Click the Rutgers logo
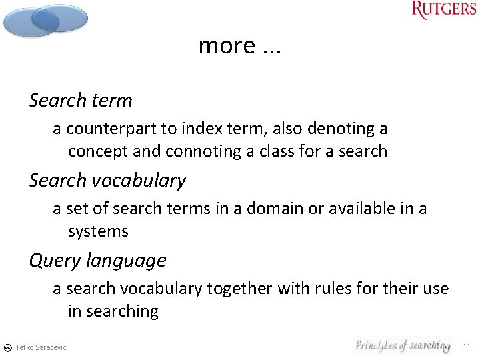tap(444, 11)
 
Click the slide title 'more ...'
tap(240, 45)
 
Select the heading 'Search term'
tap(81, 101)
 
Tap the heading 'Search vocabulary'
tap(107, 181)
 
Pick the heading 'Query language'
tap(97, 261)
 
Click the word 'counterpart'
tap(108, 128)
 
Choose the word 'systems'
tap(98, 232)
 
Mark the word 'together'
tap(239, 289)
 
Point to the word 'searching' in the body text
tap(113, 311)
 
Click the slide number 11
tap(466, 347)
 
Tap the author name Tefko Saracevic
tap(41, 347)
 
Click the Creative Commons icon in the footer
tap(7, 347)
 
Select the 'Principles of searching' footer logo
tap(403, 345)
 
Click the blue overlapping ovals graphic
tap(45, 20)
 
